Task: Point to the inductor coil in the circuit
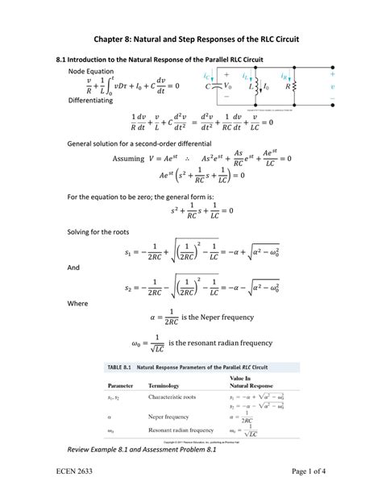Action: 258,85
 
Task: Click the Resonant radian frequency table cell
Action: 181,430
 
